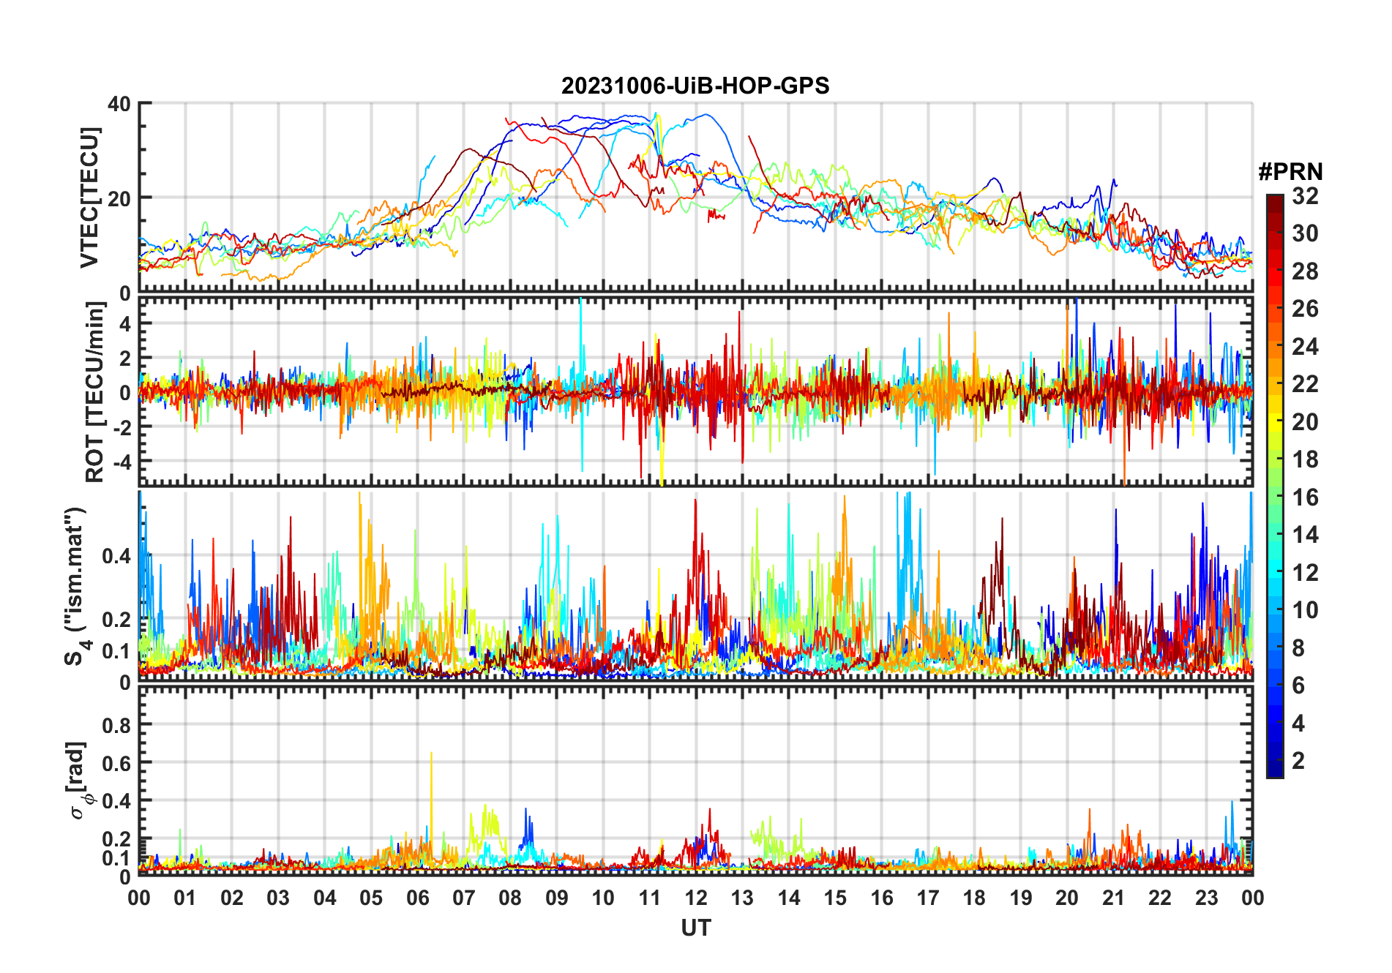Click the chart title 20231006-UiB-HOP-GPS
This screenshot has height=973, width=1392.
tap(695, 86)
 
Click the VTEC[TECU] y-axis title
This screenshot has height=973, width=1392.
tap(89, 198)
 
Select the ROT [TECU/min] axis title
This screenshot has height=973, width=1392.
tap(95, 391)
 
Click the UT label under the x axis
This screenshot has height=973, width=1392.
tap(695, 928)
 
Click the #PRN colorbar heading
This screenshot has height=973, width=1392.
tap(1290, 172)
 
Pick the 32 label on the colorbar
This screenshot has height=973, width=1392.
tap(1305, 196)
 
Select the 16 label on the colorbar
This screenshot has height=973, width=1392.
tap(1305, 497)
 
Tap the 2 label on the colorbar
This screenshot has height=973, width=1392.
tap(1298, 761)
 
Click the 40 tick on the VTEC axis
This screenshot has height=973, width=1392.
tap(119, 104)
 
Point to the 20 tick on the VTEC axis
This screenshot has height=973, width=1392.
tap(119, 198)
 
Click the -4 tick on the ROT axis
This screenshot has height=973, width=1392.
tap(119, 462)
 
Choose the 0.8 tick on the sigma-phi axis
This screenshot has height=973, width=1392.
tap(116, 725)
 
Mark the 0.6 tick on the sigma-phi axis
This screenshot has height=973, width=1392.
tap(116, 763)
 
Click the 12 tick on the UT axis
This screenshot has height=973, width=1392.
tap(696, 898)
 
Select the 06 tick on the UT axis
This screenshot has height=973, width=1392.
tap(417, 898)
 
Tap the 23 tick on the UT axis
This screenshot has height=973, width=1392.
tap(1206, 898)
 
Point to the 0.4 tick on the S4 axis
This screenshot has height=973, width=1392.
tap(116, 556)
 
